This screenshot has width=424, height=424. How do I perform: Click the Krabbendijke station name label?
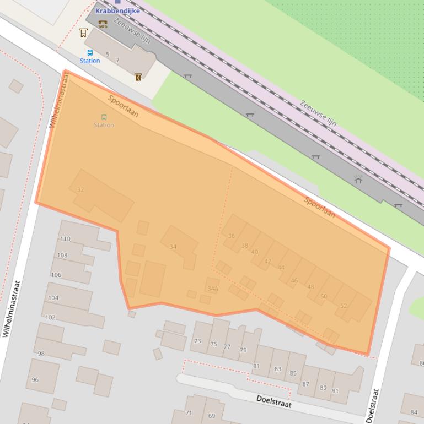coord(117,10)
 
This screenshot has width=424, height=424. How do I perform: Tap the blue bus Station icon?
coord(90,53)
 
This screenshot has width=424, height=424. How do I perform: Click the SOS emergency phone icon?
coord(103,24)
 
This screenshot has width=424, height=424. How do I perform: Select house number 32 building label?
coord(80,189)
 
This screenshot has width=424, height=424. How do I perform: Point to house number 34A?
coord(213,288)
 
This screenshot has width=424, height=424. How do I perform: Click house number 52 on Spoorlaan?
coord(344,306)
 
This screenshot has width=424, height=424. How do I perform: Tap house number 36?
coord(231,236)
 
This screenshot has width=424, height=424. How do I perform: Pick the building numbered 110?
coord(65,239)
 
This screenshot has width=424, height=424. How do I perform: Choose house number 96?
coord(35,379)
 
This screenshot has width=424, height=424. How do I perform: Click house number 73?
coord(197,341)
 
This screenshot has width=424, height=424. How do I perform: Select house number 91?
coord(335,391)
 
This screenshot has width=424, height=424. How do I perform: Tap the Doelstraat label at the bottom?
coord(273,401)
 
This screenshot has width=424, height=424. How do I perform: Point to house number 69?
coord(212,416)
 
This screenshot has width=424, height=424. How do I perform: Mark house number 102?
coord(50,317)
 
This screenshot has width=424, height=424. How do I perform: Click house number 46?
coord(294,280)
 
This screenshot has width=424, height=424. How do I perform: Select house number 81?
coord(256,366)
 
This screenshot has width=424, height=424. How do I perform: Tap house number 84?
coord(414,412)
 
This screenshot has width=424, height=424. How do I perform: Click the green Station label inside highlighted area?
coord(104,125)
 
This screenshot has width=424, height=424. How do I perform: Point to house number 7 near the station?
coord(117,60)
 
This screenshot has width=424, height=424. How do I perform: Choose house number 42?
coord(267,261)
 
